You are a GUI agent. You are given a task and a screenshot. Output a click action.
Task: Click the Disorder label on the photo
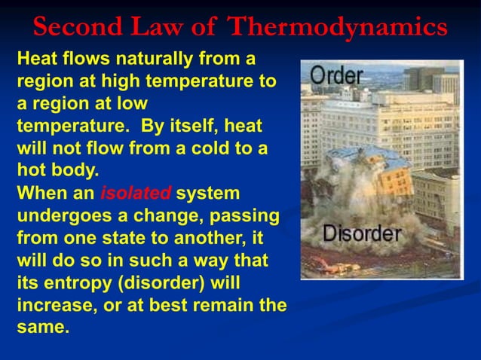[362, 233]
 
